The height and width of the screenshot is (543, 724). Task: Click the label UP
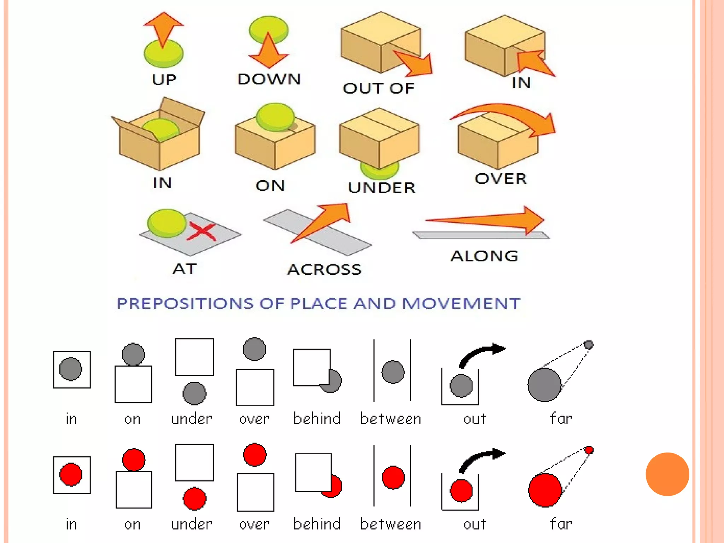[164, 80]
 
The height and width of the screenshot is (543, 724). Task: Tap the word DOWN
[269, 79]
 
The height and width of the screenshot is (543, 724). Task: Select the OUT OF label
[379, 88]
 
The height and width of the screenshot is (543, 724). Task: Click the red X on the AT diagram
[202, 232]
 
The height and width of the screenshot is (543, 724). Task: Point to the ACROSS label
[324, 269]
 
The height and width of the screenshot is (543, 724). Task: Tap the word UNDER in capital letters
[382, 188]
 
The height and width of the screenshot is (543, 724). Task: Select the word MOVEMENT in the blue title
[461, 304]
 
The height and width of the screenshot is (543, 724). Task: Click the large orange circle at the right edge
[667, 474]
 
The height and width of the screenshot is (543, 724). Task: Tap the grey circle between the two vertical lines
[392, 372]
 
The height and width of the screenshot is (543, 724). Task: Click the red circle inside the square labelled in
[71, 474]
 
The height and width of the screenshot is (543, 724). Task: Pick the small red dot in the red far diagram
[589, 450]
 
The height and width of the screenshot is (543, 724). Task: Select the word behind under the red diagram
[317, 524]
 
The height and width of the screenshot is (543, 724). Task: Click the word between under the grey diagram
[391, 419]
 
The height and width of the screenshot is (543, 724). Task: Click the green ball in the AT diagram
[167, 223]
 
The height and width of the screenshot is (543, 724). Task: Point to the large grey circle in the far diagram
[544, 385]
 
